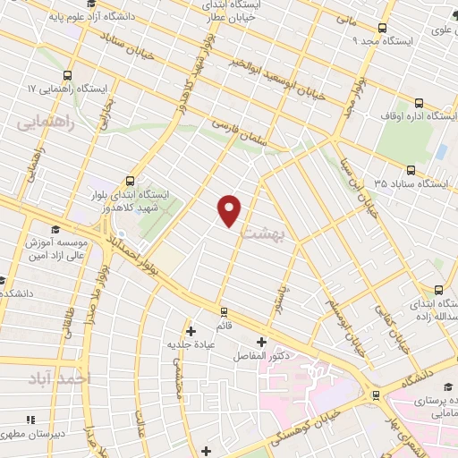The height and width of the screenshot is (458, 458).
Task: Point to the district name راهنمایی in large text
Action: click(x=42, y=122)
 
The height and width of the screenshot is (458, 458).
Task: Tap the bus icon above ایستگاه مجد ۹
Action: click(x=383, y=28)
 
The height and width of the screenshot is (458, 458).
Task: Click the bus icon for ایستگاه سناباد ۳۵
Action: click(x=411, y=169)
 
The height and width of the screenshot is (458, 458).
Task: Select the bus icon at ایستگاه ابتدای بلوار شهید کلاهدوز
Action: click(x=131, y=179)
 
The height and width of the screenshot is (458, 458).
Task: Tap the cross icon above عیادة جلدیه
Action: click(x=190, y=331)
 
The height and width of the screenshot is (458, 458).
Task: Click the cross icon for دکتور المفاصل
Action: click(x=261, y=342)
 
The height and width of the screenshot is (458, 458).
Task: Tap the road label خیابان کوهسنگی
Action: click(x=331, y=411)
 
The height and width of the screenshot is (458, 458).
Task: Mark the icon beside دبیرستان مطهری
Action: click(x=30, y=419)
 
